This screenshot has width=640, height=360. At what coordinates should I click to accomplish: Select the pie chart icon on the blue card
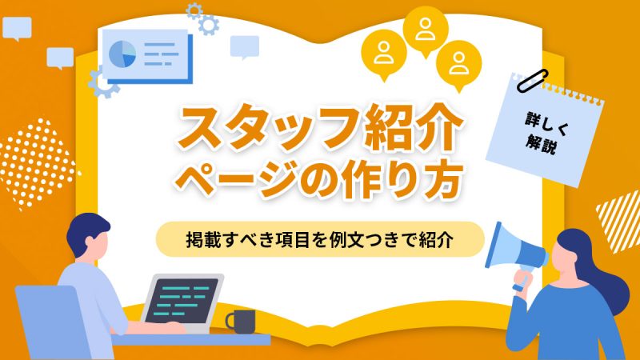coord(122,53)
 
